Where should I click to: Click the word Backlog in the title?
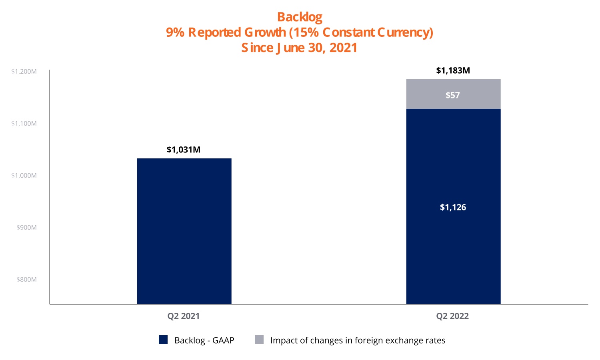[300, 17]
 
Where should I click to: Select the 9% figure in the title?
[175, 32]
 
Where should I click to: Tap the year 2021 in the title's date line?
[343, 48]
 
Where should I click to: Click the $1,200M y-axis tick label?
[24, 72]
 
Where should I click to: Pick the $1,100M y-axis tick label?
[24, 124]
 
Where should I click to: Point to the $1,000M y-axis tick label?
[24, 176]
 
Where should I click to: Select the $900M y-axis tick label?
[26, 228]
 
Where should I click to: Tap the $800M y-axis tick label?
[26, 280]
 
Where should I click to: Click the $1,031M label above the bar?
[184, 150]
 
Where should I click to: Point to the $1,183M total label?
[453, 71]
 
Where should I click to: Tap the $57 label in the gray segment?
[453, 95]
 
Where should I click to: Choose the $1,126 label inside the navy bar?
[453, 207]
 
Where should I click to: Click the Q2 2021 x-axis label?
[183, 316]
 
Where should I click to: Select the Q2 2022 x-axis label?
[452, 316]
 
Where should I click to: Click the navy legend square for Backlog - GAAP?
[163, 340]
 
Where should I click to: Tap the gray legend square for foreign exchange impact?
[259, 340]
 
